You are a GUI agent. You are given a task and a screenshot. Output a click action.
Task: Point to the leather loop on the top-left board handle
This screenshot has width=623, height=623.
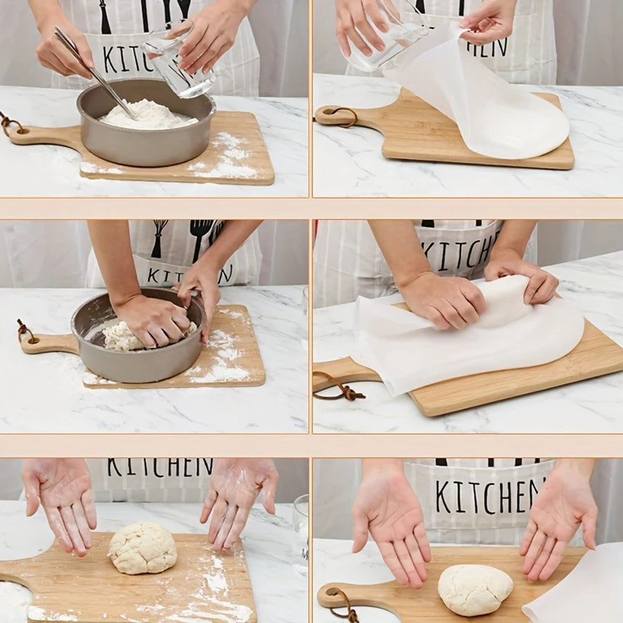[10, 125]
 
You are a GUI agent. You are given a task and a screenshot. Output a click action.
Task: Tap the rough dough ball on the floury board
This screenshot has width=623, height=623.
[143, 548]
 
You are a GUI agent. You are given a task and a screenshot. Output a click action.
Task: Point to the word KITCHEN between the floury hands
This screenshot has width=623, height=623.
[160, 467]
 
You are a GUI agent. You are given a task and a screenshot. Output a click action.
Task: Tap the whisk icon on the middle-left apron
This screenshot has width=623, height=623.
[159, 237]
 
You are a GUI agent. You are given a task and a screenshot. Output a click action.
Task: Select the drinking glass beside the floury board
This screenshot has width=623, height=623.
[300, 533]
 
